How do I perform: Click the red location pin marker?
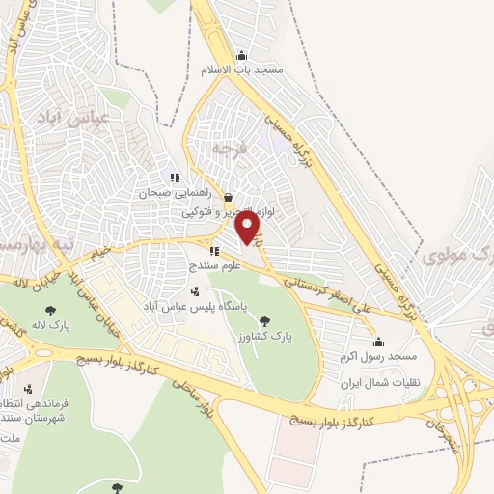249,228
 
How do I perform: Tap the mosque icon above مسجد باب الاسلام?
241,55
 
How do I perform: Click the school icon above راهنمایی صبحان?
175,178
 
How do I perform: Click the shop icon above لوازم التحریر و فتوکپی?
228,196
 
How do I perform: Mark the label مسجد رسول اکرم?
376,356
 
